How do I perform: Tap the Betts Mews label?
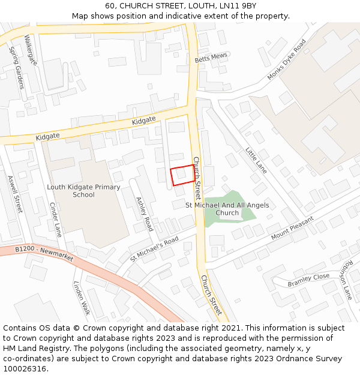[x=211, y=58]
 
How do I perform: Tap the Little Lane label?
[x=256, y=160]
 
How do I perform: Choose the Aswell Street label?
[x=14, y=194]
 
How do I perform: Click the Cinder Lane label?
[x=55, y=220]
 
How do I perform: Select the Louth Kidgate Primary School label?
[x=83, y=191]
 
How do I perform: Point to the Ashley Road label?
[x=145, y=214]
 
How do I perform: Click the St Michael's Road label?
[x=155, y=249]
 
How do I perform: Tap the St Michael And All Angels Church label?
[x=227, y=209]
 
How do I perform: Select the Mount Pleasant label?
[x=292, y=228]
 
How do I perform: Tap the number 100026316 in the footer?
[x=25, y=369]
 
